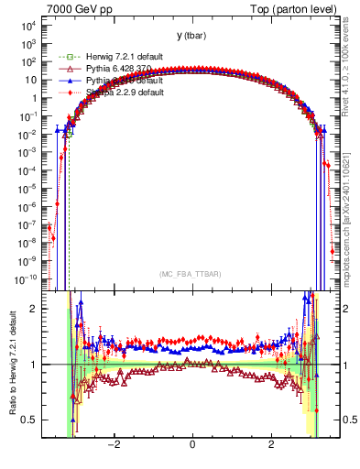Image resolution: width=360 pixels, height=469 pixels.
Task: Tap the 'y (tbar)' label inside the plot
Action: tap(191, 36)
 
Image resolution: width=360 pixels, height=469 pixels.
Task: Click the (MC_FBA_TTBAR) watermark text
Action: tap(191, 274)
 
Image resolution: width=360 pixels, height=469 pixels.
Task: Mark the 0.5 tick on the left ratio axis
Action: tap(33, 420)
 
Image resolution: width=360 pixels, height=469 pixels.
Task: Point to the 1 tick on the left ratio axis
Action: tap(36, 365)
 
